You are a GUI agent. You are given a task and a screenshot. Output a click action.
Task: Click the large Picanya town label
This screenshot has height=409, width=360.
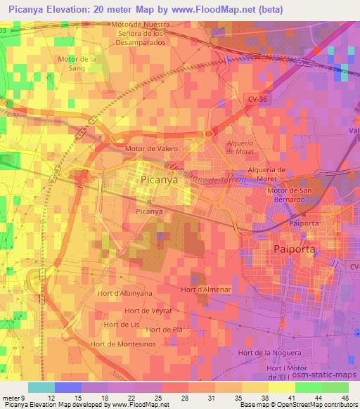point(159,179)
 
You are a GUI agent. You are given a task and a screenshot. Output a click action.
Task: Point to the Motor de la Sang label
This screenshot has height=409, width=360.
point(77,63)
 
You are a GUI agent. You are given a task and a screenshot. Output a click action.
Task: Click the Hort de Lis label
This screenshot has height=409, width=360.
point(121,325)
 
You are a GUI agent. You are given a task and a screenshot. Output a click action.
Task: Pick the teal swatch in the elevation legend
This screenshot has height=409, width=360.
point(41,387)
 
